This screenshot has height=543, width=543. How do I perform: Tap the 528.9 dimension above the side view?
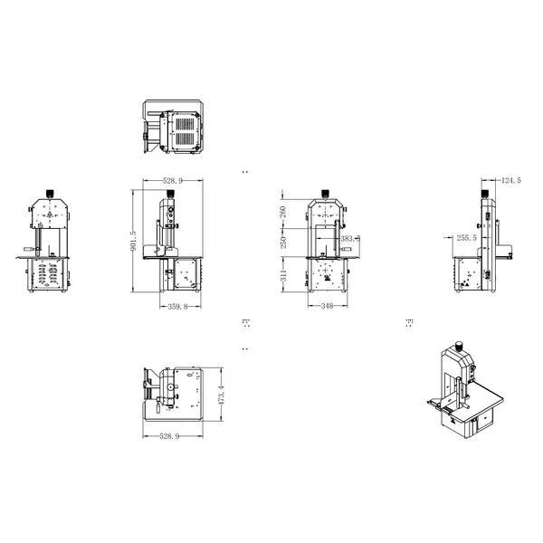click(x=172, y=181)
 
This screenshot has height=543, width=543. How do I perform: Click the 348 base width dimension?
click(x=327, y=306)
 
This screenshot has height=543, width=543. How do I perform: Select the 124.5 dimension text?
click(x=511, y=181)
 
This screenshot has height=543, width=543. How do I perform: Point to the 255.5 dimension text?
click(x=467, y=237)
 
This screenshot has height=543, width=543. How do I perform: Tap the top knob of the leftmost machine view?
click(x=49, y=194)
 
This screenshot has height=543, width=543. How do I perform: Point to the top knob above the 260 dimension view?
click(x=327, y=193)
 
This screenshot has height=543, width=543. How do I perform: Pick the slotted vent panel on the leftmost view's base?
click(x=50, y=274)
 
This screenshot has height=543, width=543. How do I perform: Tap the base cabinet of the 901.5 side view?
click(x=186, y=275)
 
